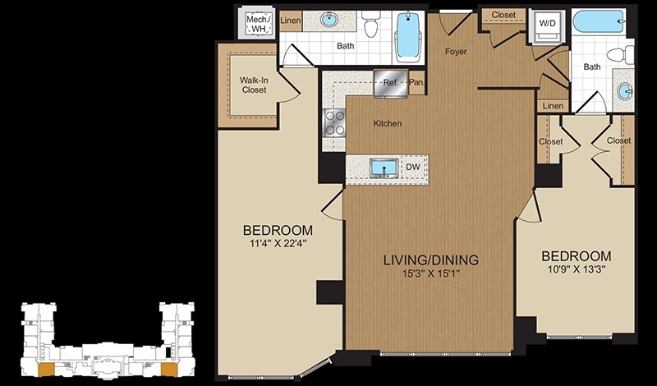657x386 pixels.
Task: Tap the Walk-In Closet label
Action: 254,85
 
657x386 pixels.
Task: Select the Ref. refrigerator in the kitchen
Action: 391,83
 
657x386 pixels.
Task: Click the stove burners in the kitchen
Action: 334,123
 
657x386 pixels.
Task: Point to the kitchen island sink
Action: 384,168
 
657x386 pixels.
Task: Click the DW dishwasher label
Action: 412,167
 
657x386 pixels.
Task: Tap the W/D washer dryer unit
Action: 547,26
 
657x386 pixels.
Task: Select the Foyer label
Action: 456,52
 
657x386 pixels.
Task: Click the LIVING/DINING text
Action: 431,260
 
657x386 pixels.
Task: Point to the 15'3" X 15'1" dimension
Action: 431,274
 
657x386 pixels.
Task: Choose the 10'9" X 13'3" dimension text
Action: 577,269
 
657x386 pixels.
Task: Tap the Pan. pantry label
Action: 417,82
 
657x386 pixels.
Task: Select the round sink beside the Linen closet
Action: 330,19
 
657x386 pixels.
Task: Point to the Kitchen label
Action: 388,123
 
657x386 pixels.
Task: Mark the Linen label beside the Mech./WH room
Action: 290,21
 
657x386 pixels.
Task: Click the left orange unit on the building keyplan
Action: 46,370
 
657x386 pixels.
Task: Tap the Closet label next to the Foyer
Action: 503,15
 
